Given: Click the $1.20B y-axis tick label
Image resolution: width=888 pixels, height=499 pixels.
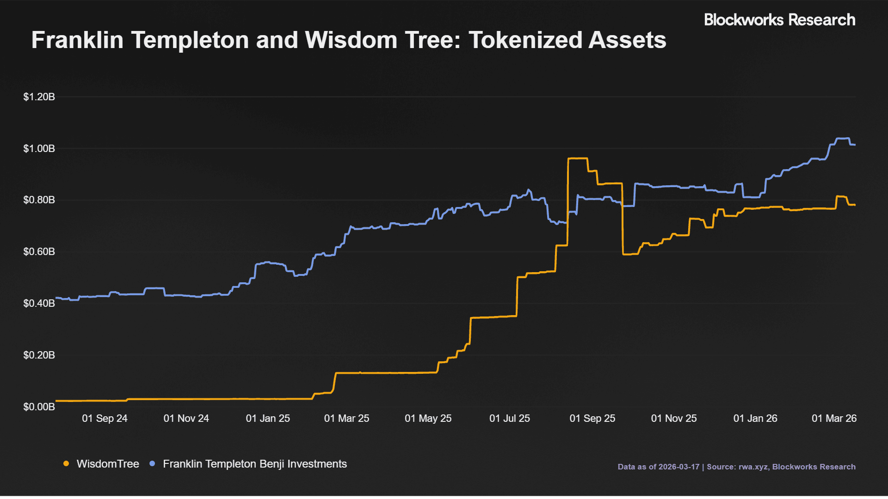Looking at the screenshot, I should coord(39,97).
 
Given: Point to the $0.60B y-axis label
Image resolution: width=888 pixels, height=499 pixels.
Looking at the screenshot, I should coord(39,252).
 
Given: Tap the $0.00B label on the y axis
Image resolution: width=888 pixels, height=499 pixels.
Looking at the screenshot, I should coord(39,407).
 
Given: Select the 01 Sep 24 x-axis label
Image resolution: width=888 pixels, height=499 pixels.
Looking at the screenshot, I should coord(105,419).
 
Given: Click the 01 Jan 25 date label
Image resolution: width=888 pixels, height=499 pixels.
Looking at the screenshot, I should coord(268,419).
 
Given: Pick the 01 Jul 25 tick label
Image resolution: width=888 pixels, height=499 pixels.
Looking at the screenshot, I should coord(510,419).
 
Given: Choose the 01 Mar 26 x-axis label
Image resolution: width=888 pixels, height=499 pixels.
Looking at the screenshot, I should coord(834,419).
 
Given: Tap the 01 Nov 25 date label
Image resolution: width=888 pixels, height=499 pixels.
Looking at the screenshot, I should coord(674,419).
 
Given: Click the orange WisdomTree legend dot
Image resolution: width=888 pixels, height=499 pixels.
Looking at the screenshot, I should coord(66,464).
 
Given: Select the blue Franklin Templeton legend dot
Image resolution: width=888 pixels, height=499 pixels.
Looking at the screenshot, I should coord(152,464).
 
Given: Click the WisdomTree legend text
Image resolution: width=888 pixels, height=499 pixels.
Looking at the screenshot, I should coord(108,464).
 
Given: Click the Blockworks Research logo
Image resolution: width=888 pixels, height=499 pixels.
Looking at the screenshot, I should coord(779,20).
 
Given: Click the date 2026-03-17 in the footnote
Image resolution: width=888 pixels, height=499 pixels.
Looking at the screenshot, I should coord(679,467).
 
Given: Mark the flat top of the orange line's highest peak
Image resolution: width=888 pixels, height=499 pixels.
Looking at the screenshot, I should coord(578,158).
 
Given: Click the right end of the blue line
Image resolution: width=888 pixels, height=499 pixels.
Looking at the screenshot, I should coord(855,145).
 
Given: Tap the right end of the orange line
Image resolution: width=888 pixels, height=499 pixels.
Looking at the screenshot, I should coord(855,205).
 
